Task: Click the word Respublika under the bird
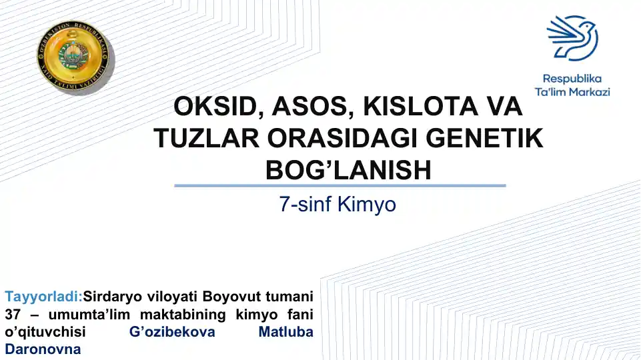click(x=572, y=78)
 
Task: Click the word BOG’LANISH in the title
click(x=348, y=170)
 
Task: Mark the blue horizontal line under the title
click(x=340, y=185)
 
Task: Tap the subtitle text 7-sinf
click(x=306, y=204)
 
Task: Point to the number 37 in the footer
click(x=13, y=314)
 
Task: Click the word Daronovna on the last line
click(x=43, y=349)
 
